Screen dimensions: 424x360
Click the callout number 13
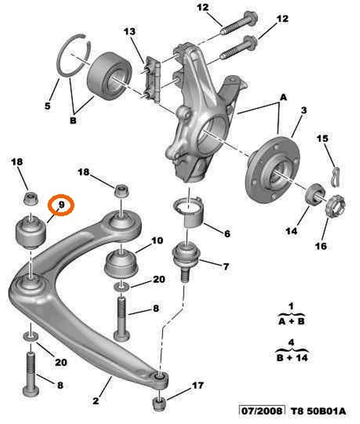[x=129, y=32]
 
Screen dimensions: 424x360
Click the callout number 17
[x=198, y=386]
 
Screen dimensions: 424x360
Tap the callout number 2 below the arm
[x=96, y=401]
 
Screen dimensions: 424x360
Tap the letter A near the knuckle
[x=283, y=97]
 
